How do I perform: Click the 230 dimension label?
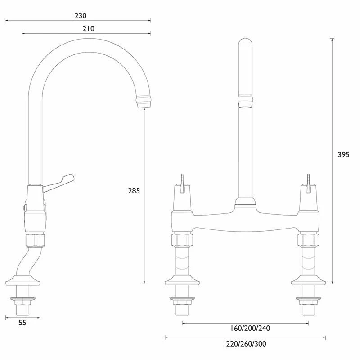(x=81, y=15)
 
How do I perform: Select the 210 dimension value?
(x=89, y=28)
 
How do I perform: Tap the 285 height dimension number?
(x=134, y=190)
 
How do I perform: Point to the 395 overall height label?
(x=343, y=154)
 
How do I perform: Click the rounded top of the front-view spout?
(x=245, y=45)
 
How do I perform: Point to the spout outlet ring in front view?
(x=245, y=102)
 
